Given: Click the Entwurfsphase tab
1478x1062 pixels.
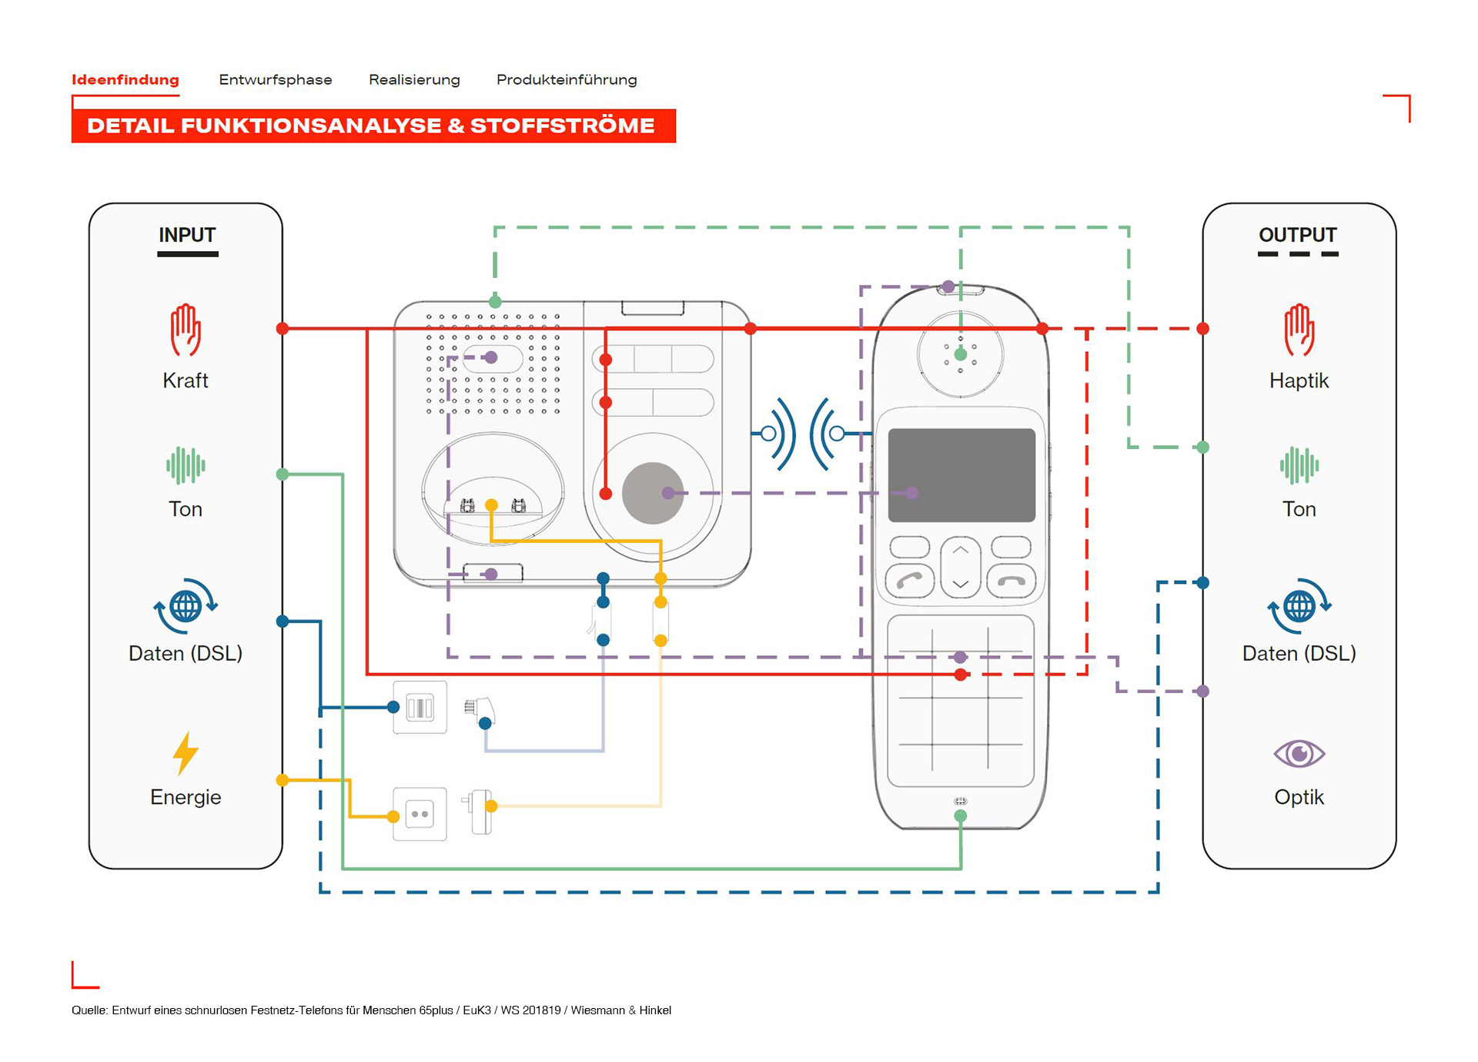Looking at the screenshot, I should pyautogui.click(x=275, y=79).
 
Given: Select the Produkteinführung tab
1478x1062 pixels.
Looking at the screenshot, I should pyautogui.click(x=566, y=79).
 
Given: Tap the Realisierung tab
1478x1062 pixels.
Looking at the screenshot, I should pyautogui.click(x=414, y=79).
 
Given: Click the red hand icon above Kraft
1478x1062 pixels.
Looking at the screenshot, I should pyautogui.click(x=186, y=330).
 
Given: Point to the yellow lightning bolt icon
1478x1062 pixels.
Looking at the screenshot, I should pyautogui.click(x=186, y=752).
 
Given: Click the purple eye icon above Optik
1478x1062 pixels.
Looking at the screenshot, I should pyautogui.click(x=1299, y=753).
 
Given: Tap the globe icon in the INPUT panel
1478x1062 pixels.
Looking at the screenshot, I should pyautogui.click(x=186, y=606).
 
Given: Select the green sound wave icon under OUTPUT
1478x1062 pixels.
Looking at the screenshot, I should pyautogui.click(x=1299, y=465).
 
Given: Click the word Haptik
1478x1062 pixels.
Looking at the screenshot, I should pyautogui.click(x=1299, y=380).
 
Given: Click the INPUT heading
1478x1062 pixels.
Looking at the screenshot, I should pyautogui.click(x=187, y=235).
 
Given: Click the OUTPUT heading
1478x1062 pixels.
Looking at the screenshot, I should pyautogui.click(x=1297, y=235).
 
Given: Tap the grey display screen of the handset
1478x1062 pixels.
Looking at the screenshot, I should pyautogui.click(x=961, y=475).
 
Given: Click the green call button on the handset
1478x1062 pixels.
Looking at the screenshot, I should pyautogui.click(x=910, y=581).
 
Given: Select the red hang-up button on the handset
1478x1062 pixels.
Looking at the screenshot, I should pyautogui.click(x=1011, y=581).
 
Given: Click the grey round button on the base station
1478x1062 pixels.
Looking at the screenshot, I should pyautogui.click(x=652, y=493).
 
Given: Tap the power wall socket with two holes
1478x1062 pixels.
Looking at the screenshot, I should pyautogui.click(x=420, y=814).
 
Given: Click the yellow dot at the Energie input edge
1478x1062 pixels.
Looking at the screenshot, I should pyautogui.click(x=283, y=780).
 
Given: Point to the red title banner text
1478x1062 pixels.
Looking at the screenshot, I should pyautogui.click(x=371, y=126).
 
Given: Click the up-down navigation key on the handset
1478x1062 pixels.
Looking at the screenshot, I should pyautogui.click(x=960, y=567).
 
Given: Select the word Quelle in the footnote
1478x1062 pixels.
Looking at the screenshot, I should pyautogui.click(x=89, y=1010).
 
